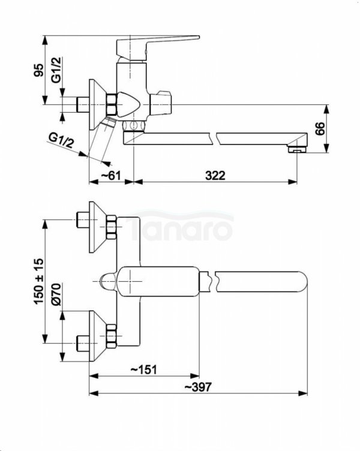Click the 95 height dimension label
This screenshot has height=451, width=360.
pos(39,70)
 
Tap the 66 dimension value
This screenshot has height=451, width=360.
pos(320,128)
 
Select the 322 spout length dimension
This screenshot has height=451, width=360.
pos(215,175)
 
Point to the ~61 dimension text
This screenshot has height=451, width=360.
pos(111,175)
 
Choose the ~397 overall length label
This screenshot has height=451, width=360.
pos(197,387)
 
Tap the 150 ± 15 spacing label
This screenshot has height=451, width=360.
pos(39,281)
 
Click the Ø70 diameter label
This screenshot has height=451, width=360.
pos(56,294)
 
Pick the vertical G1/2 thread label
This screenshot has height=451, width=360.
pos(56,70)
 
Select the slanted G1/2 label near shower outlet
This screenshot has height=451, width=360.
pos(61,140)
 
